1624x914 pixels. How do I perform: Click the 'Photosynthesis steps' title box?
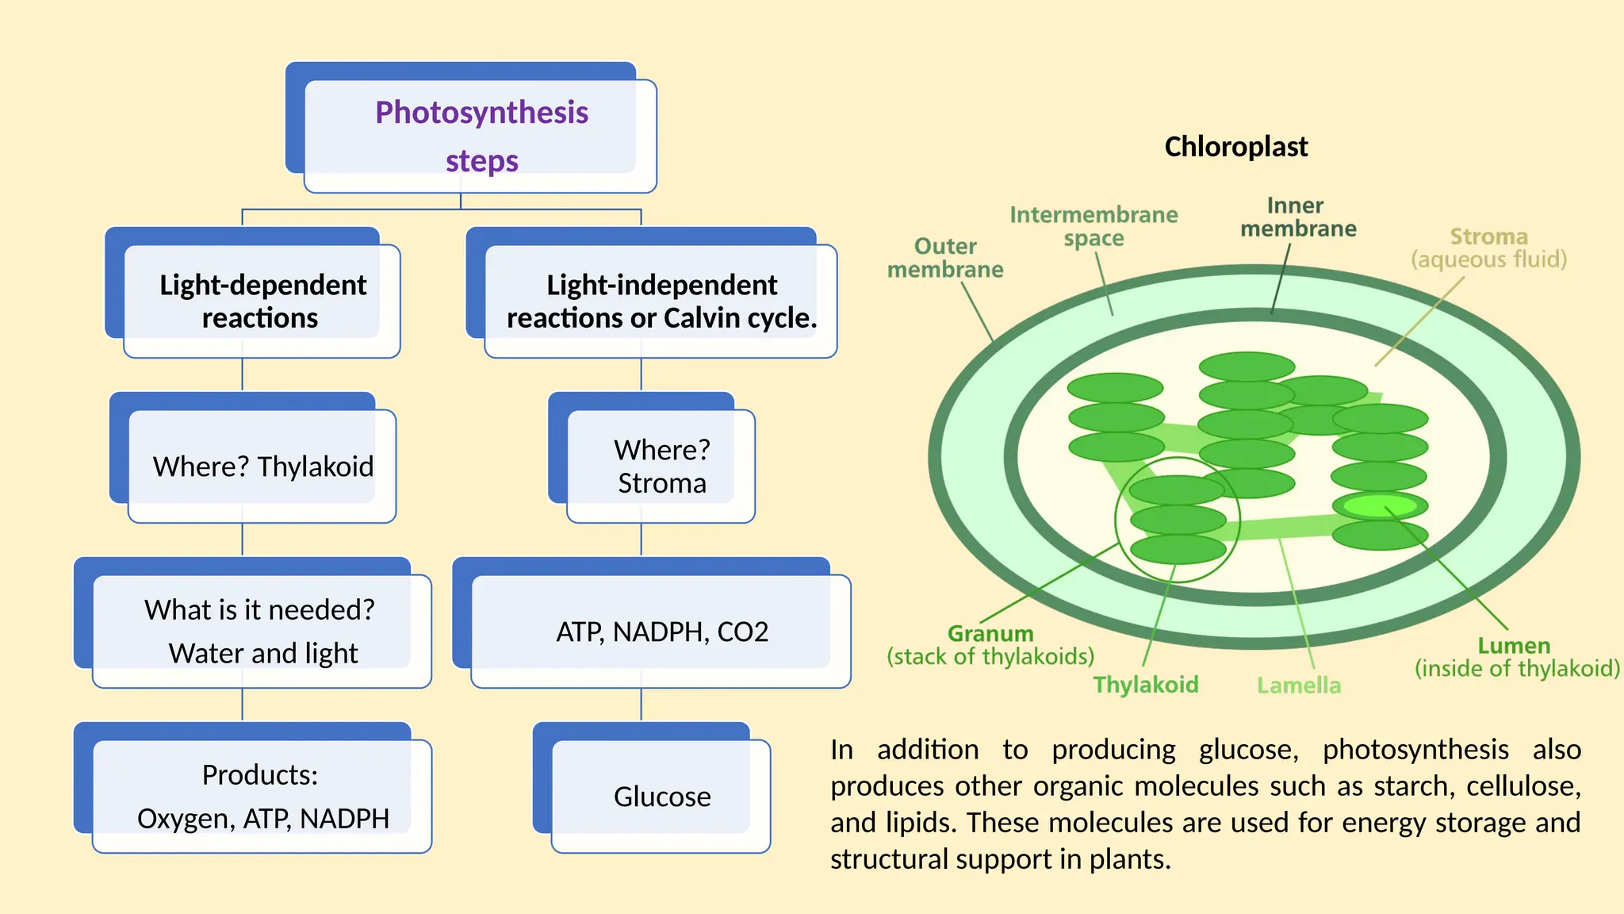tap(481, 136)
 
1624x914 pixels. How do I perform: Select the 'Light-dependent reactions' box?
tap(262, 301)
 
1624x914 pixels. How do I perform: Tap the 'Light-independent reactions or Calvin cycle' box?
tap(661, 301)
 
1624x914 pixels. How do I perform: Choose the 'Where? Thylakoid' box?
tap(262, 467)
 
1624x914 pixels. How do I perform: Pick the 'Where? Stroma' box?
tap(661, 467)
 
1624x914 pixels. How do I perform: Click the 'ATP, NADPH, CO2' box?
tap(661, 632)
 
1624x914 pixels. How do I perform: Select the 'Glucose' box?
tap(661, 797)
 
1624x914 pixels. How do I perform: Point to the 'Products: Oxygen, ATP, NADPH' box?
tap(262, 797)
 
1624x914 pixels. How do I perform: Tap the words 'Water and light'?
tap(262, 654)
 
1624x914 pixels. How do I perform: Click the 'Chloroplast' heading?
tap(1235, 147)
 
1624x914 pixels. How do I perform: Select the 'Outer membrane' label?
tap(945, 258)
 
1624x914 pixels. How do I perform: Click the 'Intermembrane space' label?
tap(1094, 226)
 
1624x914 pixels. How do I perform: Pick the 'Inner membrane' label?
tap(1298, 217)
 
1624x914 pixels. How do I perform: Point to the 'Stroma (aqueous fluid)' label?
tap(1488, 248)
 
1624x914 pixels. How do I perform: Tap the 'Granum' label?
tap(990, 634)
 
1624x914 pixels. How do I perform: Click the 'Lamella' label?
tap(1299, 685)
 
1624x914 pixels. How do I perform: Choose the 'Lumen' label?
tap(1514, 646)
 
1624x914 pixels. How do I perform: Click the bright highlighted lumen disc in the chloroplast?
tap(1380, 505)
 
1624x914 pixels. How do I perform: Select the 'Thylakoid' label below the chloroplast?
tap(1146, 685)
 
